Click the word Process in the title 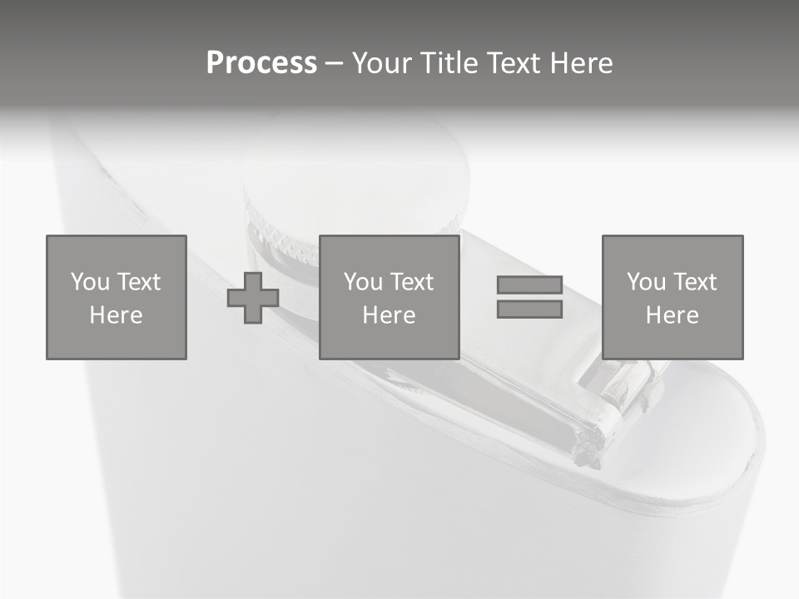pos(261,63)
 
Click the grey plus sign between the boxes pos(253,298)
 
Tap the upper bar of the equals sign pos(529,285)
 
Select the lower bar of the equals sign pos(529,309)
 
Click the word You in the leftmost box pos(90,282)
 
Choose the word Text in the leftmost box pos(138,282)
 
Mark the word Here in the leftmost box pos(116,315)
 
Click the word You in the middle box pos(363,282)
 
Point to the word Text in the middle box pos(411,282)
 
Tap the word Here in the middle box pos(389,315)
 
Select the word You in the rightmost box pos(646,282)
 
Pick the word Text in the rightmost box pos(694,282)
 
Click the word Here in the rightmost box pos(672,315)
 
